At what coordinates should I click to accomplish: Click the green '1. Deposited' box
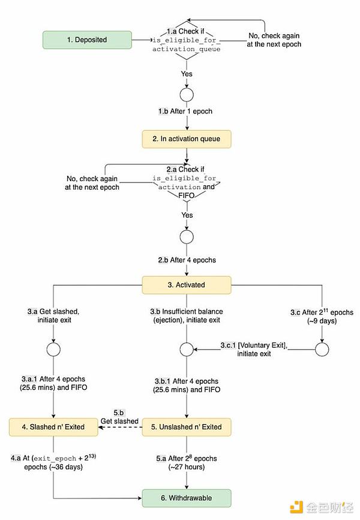(87, 40)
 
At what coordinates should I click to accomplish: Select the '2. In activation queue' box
(186, 139)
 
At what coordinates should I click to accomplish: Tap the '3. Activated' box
(186, 285)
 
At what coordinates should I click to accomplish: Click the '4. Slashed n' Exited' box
(55, 427)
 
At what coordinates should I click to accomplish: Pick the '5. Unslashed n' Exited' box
(186, 427)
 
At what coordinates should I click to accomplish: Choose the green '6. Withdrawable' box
(186, 498)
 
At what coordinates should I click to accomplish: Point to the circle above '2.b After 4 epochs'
(187, 236)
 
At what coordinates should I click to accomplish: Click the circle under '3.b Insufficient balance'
(187, 347)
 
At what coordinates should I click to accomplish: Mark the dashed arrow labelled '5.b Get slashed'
(120, 427)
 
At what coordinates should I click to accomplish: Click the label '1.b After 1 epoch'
(185, 112)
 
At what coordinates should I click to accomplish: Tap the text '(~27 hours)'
(185, 467)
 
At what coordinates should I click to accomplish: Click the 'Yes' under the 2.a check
(187, 214)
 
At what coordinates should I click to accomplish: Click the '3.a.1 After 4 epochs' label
(54, 384)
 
